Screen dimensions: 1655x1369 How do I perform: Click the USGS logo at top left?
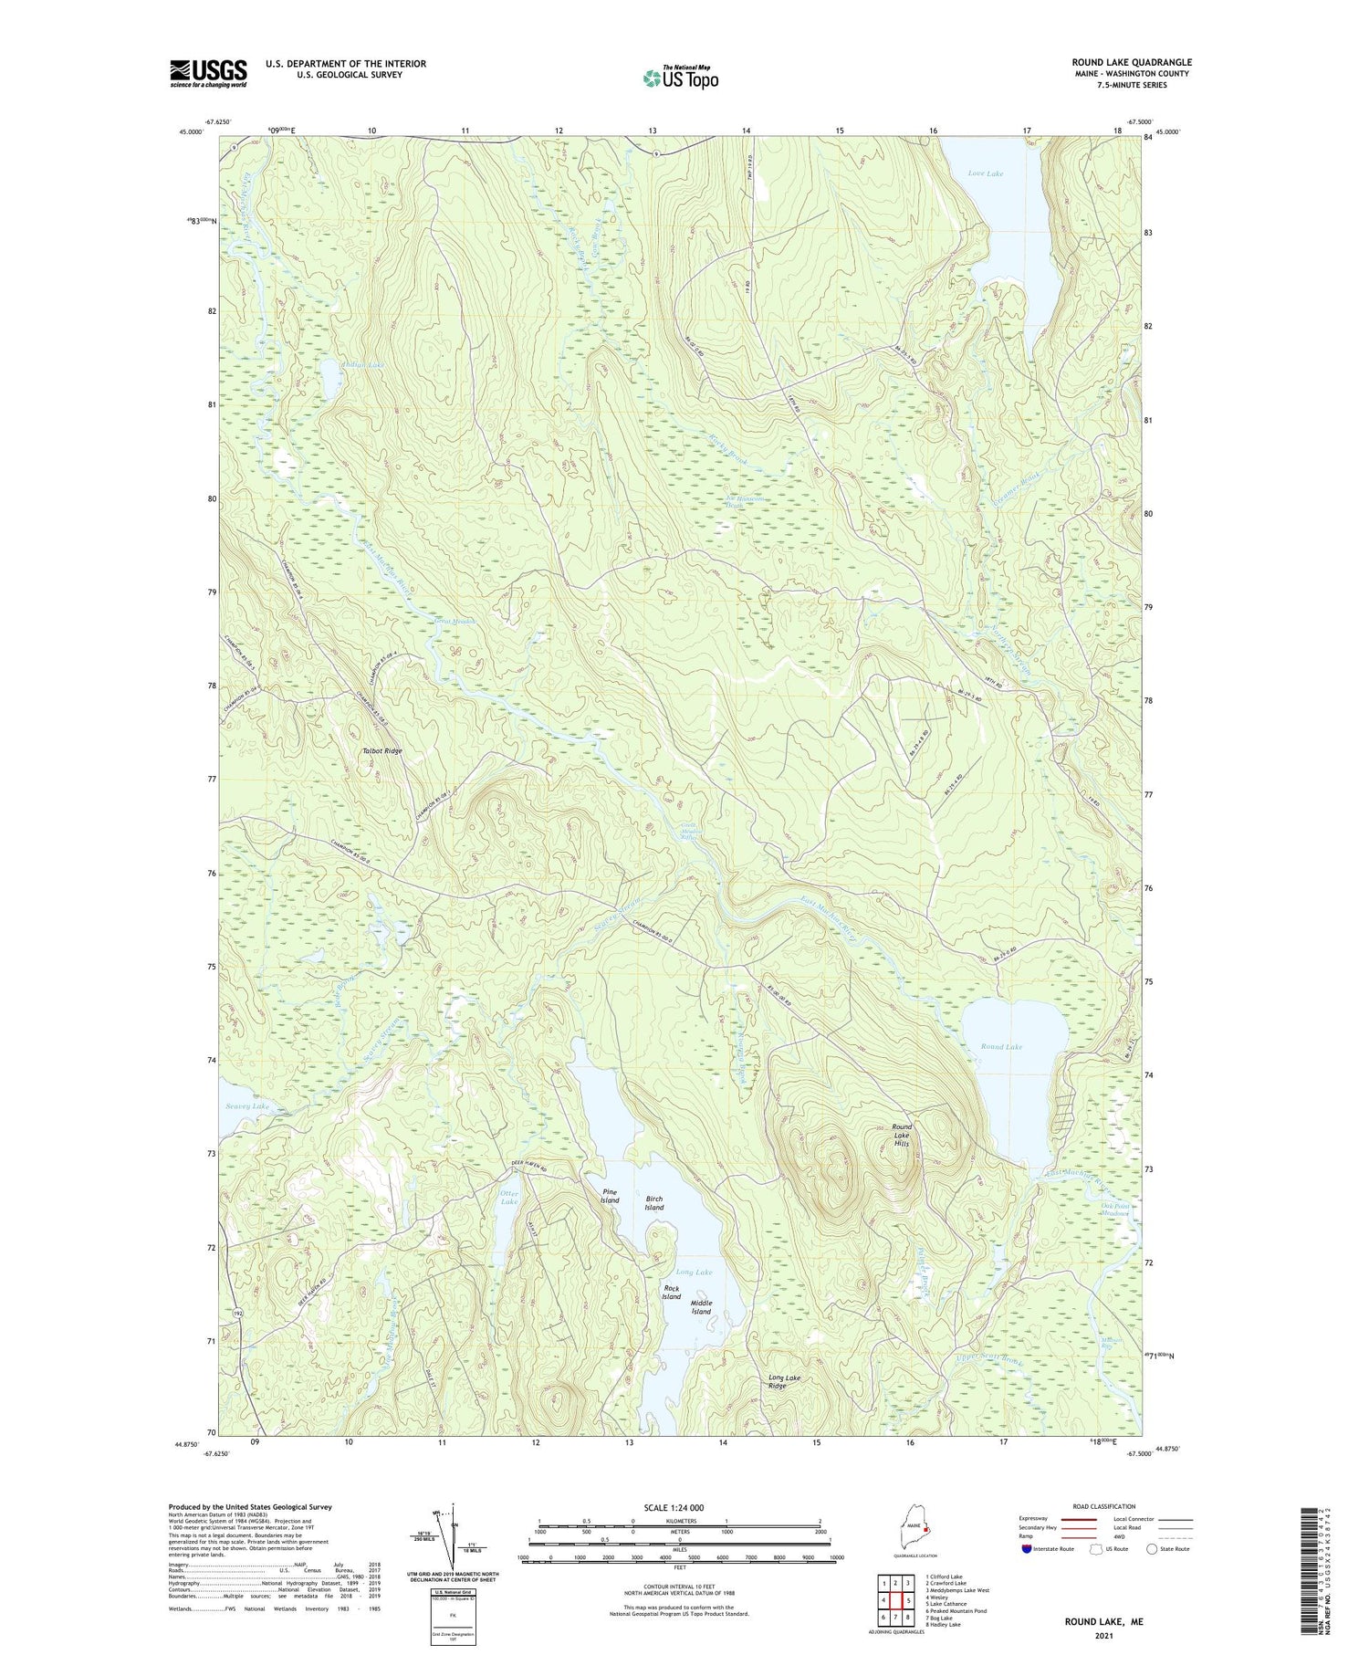pyautogui.click(x=208, y=73)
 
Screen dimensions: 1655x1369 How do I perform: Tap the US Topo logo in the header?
pyautogui.click(x=680, y=78)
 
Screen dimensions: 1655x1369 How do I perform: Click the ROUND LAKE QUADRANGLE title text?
pyautogui.click(x=1132, y=62)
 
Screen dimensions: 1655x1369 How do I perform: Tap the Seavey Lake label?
pyautogui.click(x=247, y=1105)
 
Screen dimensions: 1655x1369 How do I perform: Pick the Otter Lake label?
pyautogui.click(x=509, y=1198)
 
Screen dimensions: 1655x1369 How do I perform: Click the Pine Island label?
pyautogui.click(x=610, y=1196)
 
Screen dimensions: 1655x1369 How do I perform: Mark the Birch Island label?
pyautogui.click(x=654, y=1203)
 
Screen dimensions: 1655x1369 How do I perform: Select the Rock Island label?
pyautogui.click(x=671, y=1293)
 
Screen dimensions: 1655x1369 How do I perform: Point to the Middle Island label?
pyautogui.click(x=701, y=1307)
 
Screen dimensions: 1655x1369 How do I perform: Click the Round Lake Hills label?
pyautogui.click(x=902, y=1136)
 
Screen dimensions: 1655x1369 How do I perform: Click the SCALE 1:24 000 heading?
pyautogui.click(x=679, y=1507)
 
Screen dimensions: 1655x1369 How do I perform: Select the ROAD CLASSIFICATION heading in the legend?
pyautogui.click(x=1104, y=1506)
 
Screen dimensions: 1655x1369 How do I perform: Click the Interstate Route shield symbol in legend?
pyautogui.click(x=1028, y=1549)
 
